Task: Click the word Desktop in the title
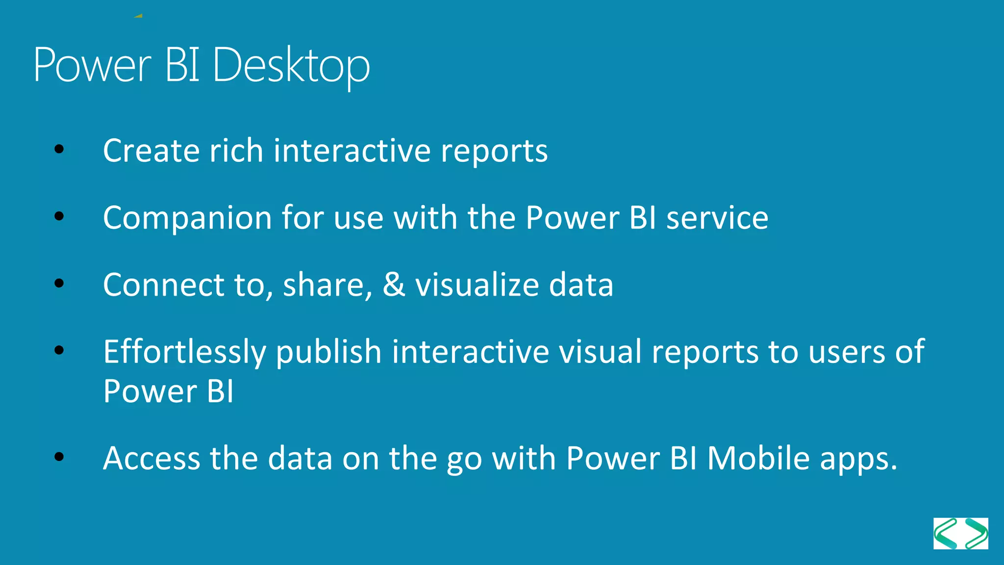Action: (x=291, y=66)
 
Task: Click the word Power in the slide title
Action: (x=93, y=66)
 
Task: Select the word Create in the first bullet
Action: (x=151, y=151)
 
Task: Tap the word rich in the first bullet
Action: (x=236, y=151)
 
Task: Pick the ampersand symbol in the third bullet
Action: (x=394, y=284)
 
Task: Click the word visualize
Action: (x=477, y=284)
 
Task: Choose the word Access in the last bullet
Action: (x=151, y=459)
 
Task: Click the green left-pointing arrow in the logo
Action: (x=946, y=534)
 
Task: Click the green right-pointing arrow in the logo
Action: (x=976, y=534)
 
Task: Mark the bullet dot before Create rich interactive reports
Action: (x=59, y=149)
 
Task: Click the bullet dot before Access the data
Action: (x=59, y=457)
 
